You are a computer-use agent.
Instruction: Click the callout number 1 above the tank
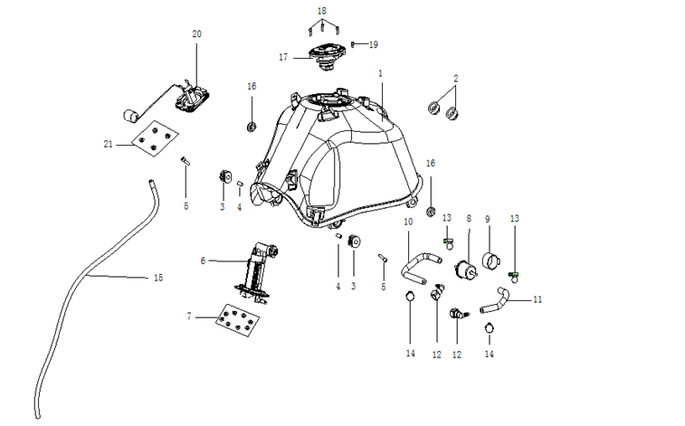click(x=381, y=72)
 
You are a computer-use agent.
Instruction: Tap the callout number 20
click(x=196, y=33)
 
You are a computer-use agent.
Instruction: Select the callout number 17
click(x=283, y=57)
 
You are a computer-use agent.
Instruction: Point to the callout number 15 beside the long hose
click(x=158, y=278)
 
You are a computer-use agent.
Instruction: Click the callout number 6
click(x=204, y=260)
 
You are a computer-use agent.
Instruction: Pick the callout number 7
click(x=189, y=317)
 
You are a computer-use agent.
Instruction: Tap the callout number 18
click(x=321, y=10)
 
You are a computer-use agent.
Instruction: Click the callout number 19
click(x=373, y=43)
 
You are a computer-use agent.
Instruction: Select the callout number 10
click(x=408, y=222)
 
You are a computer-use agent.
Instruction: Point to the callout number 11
click(x=538, y=298)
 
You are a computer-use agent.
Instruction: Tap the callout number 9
click(x=487, y=219)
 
